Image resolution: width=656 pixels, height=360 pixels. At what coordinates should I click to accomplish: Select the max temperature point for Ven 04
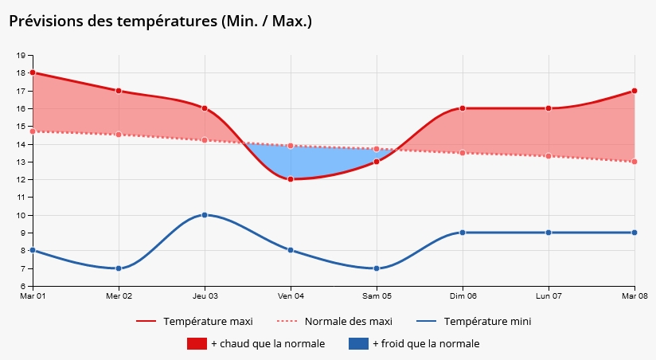coord(291,179)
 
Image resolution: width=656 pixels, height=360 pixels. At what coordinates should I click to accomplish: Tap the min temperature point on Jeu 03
coord(205,215)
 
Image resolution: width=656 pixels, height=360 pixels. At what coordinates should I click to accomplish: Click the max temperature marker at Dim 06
coord(463,108)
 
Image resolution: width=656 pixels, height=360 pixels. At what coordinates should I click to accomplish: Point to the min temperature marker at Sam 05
coord(377,268)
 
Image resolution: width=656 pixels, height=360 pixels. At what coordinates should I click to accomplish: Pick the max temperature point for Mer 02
coord(119,91)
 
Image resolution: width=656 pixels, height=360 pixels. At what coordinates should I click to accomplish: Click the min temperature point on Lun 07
coord(549,233)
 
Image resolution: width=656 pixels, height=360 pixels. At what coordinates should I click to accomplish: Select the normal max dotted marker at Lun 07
coord(549,156)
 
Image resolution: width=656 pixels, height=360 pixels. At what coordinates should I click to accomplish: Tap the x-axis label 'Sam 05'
coord(377,295)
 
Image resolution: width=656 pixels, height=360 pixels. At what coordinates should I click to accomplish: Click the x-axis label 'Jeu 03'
coord(205,295)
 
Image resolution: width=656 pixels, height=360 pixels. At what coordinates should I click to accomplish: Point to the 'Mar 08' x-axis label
coord(634,295)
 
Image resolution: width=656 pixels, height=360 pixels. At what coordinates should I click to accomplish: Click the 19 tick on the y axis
coord(20,56)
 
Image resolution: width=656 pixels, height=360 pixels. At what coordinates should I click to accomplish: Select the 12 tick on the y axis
coord(20,180)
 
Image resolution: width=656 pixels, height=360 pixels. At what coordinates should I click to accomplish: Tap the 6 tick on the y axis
coord(22,286)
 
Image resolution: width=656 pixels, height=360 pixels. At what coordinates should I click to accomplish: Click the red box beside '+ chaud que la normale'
coord(197,344)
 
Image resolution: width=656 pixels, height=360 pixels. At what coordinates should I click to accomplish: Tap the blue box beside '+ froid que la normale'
coord(358,344)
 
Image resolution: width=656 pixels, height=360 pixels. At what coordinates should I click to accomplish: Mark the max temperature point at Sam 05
coord(377,162)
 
